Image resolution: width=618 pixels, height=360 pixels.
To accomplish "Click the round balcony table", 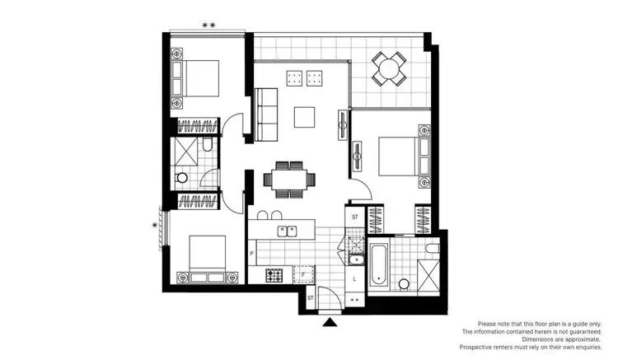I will point(387,68).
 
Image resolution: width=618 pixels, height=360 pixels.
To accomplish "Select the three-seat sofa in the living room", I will point(267,116).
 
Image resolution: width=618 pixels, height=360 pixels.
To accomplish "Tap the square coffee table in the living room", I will point(305,117).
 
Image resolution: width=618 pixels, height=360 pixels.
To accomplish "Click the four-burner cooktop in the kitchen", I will point(274,274).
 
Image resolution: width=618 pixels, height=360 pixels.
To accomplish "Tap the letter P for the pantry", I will point(252,254).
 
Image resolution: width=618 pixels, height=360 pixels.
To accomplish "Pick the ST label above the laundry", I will point(355,217).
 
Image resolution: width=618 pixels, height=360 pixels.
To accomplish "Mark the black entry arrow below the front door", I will point(330,322).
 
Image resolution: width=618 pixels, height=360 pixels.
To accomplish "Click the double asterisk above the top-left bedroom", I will point(209,26).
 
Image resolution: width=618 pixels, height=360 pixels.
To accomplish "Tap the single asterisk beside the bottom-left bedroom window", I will point(155,223).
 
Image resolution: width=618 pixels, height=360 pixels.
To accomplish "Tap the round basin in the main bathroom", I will point(405,284).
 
